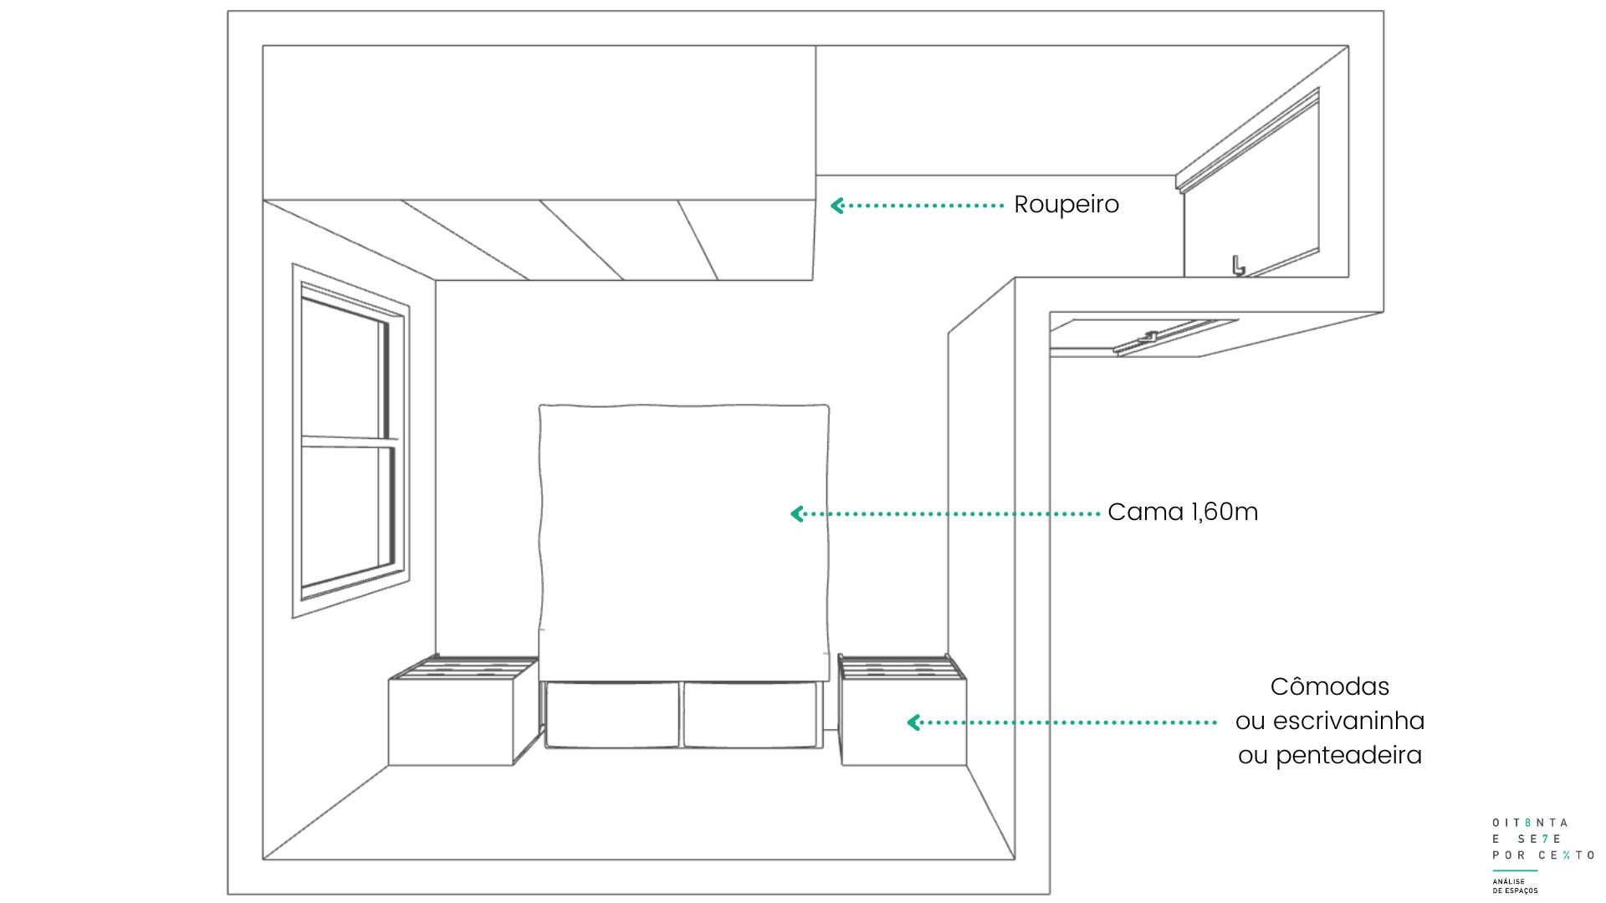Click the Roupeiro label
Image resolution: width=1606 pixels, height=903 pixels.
coord(1066,204)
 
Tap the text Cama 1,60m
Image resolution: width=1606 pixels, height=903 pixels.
coord(1183,512)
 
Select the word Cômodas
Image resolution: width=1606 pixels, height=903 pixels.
coord(1329,686)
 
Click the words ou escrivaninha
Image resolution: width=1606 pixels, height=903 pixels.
coord(1329,721)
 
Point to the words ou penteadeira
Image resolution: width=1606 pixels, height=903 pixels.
coord(1329,755)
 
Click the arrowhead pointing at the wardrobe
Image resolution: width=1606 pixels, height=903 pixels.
coord(836,205)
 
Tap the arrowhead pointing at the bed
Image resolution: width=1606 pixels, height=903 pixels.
coord(797,513)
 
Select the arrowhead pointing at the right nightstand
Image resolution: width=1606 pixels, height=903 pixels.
coord(913,722)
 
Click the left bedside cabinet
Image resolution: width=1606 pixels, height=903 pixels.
coord(463,711)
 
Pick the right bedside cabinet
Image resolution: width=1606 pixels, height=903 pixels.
coord(903,711)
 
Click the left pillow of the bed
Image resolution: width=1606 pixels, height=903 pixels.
coord(612,714)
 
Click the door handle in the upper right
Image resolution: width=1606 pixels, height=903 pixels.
coord(1237,265)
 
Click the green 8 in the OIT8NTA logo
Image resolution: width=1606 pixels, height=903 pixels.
coord(1528,823)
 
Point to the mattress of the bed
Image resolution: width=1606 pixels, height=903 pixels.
coord(684,543)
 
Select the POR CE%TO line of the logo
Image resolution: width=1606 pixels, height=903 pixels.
coord(1543,855)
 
